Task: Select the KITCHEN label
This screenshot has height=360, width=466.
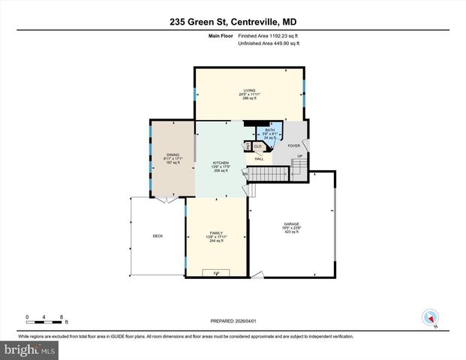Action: point(220,163)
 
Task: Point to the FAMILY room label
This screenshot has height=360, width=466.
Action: point(216,233)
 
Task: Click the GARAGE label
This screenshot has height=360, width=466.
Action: point(291,224)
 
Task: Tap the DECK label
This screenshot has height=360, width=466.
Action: point(158,236)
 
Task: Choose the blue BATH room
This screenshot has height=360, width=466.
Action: point(270,133)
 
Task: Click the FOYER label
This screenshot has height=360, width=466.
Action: point(294,145)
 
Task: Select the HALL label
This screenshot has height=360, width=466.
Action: point(259,158)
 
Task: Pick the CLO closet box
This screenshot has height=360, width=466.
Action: point(257,146)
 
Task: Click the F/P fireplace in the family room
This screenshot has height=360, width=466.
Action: point(216,272)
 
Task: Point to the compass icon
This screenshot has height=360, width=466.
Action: point(430,316)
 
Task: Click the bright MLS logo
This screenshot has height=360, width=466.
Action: point(29,349)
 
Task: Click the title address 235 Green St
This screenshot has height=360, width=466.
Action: point(233,22)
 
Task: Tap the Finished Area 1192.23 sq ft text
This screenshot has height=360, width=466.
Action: point(269,35)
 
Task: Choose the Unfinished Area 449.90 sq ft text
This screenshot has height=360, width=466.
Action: point(269,43)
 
